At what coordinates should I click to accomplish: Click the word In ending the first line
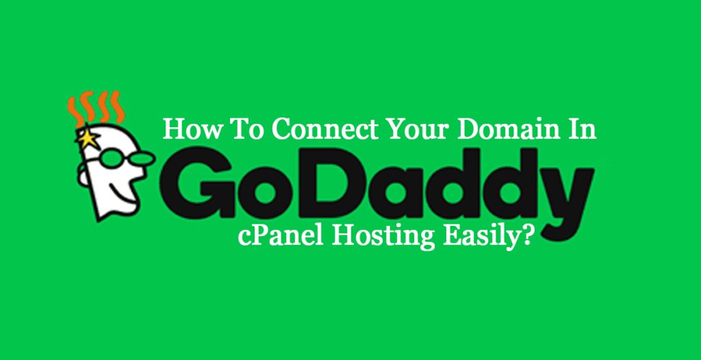pyautogui.click(x=583, y=129)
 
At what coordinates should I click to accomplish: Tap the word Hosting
pyautogui.click(x=383, y=235)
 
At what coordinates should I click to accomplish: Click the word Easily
pyautogui.click(x=483, y=235)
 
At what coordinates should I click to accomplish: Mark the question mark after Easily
pyautogui.click(x=529, y=235)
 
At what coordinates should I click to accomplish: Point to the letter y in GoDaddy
pyautogui.click(x=565, y=197)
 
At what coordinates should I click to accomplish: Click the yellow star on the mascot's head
pyautogui.click(x=88, y=139)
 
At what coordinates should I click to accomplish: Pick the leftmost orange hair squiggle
pyautogui.click(x=74, y=110)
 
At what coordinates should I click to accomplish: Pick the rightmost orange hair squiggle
pyautogui.click(x=118, y=107)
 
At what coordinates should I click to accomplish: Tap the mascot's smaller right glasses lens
pyautogui.click(x=144, y=158)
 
